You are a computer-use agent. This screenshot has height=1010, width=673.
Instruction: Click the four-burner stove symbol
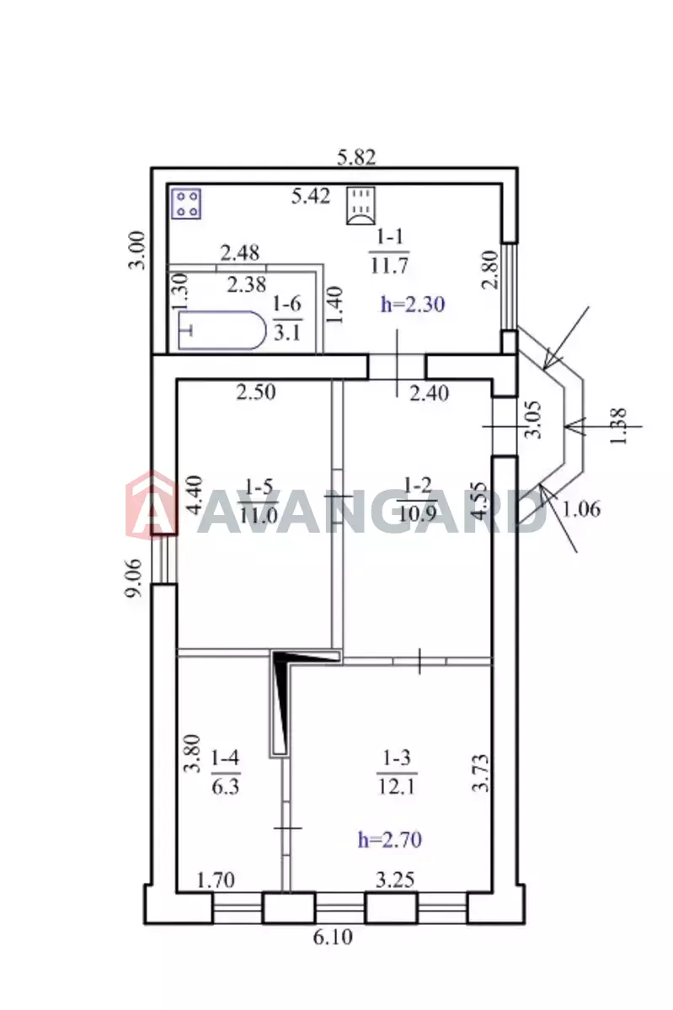(x=186, y=204)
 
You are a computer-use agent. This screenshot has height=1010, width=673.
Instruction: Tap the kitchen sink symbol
(x=361, y=205)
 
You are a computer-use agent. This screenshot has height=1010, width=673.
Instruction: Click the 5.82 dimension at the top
(x=356, y=158)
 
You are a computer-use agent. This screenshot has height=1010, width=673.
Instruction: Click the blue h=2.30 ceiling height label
(x=413, y=305)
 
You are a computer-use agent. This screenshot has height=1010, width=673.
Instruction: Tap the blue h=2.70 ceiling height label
(x=390, y=840)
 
